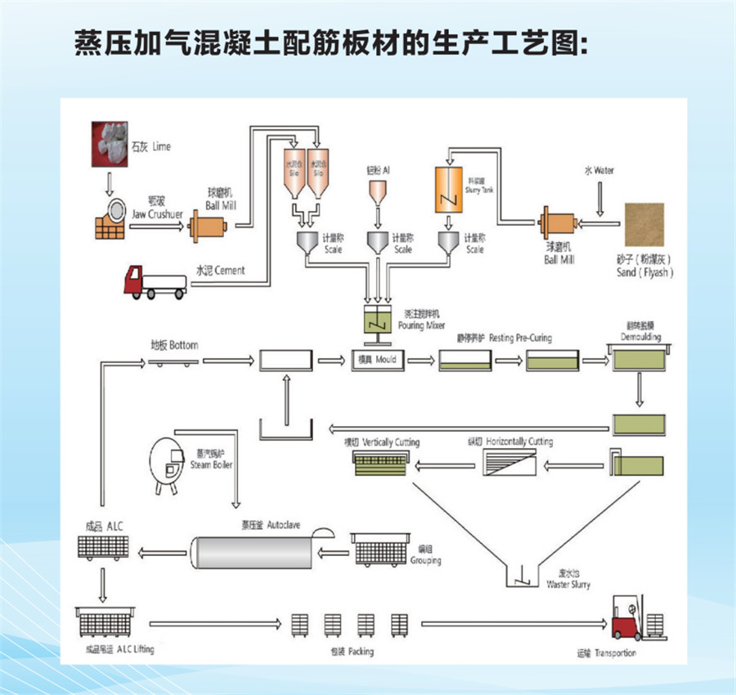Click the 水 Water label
(599, 171)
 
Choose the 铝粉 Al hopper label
(377, 171)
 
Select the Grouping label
(426, 556)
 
